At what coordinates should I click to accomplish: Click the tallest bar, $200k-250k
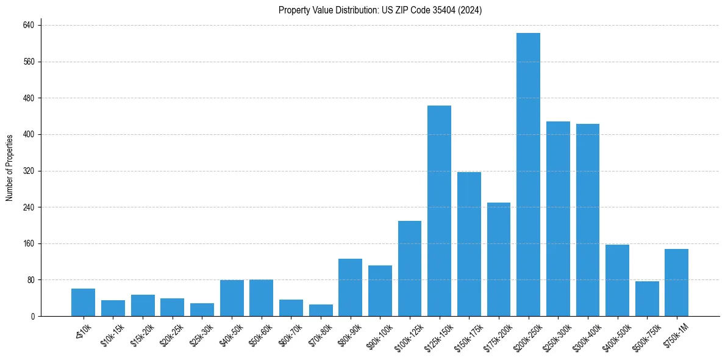click(x=528, y=175)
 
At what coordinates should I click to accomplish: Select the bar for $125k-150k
click(x=439, y=211)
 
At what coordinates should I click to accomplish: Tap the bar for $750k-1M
click(x=676, y=283)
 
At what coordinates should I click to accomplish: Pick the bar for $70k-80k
click(x=321, y=310)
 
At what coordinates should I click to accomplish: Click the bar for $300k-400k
click(x=587, y=220)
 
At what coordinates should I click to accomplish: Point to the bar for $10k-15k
click(x=113, y=308)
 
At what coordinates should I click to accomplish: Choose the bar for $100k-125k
click(x=410, y=268)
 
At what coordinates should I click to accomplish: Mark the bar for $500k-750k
click(x=647, y=299)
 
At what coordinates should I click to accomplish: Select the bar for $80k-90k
click(x=350, y=287)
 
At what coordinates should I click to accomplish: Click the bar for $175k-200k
click(x=498, y=259)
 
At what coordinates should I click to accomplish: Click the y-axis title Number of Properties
click(x=10, y=168)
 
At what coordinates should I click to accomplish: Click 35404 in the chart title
click(x=450, y=10)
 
